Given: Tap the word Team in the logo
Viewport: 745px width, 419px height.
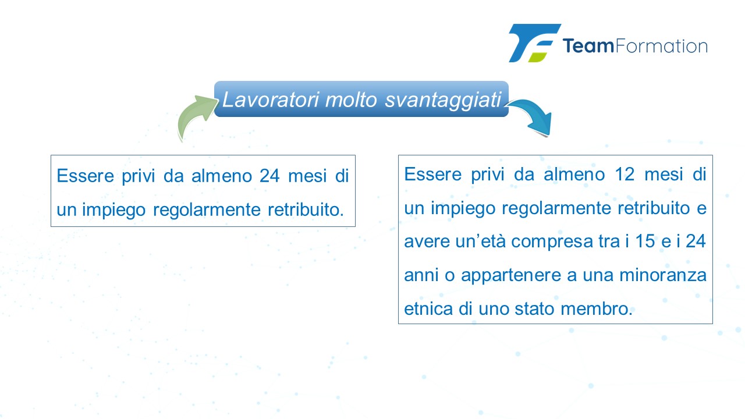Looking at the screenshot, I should tap(588, 46).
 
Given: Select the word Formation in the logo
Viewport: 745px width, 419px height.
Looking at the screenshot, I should tap(661, 46).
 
